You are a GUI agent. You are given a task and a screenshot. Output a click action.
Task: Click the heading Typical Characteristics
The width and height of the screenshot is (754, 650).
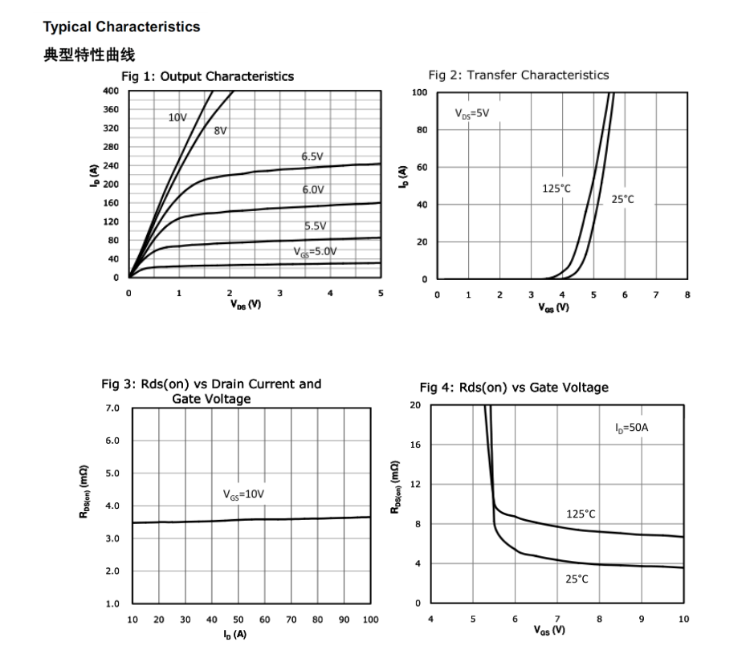tap(121, 26)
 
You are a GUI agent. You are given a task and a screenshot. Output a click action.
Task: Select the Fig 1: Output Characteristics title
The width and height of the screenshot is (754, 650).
tap(207, 77)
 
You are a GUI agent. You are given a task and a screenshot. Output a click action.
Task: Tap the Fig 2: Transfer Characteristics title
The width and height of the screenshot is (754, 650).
tap(518, 75)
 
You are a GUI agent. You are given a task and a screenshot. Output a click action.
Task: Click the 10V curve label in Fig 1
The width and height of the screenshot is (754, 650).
tap(177, 117)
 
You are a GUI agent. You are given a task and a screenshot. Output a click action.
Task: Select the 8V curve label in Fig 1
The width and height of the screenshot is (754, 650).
tap(221, 130)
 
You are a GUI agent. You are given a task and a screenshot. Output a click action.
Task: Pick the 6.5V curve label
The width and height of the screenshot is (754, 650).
tap(313, 156)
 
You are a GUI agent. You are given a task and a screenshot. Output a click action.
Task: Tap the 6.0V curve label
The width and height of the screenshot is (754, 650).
tap(313, 189)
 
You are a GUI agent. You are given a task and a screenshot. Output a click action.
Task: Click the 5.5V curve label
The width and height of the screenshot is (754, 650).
tap(316, 225)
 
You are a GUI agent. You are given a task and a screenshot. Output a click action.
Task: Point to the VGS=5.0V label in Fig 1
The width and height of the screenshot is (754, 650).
tap(315, 251)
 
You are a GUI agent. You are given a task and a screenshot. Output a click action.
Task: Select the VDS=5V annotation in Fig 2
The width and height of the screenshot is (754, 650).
tap(471, 114)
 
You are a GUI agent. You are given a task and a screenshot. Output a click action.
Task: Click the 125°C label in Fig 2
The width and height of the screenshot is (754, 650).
tap(556, 189)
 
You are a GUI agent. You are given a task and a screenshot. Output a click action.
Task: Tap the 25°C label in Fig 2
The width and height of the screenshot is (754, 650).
tap(622, 199)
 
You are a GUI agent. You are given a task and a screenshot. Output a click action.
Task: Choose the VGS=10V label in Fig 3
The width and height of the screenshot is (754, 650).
tap(243, 494)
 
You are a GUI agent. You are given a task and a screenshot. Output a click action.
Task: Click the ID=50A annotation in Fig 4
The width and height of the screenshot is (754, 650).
tap(631, 428)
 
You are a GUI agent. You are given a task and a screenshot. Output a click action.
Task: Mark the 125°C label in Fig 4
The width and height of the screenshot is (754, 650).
tap(581, 514)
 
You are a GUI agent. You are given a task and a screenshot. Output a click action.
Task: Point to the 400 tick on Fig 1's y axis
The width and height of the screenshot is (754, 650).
tap(111, 91)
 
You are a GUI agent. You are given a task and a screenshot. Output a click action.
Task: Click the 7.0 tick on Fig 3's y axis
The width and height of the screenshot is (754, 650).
tap(112, 408)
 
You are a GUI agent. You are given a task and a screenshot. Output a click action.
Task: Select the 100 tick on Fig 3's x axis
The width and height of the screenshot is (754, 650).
tap(370, 620)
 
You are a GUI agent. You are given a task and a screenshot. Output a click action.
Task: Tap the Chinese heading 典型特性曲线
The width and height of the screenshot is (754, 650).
tap(89, 55)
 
